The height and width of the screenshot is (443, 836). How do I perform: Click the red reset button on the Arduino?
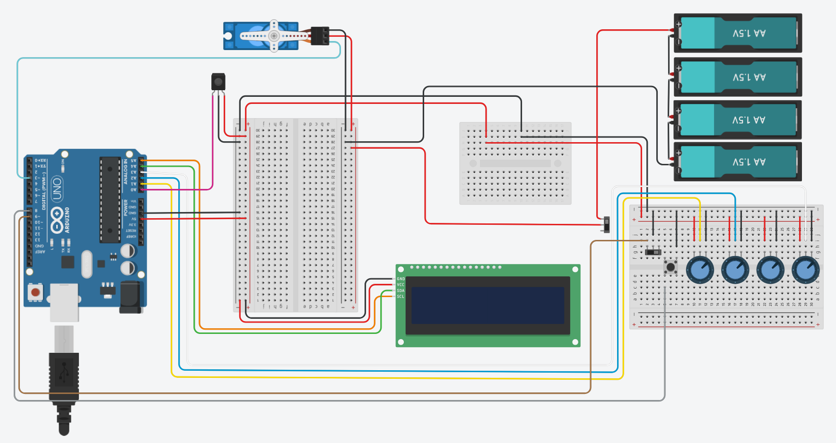35,292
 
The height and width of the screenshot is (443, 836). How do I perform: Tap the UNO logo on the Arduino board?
57,189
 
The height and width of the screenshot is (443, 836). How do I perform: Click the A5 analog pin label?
133,161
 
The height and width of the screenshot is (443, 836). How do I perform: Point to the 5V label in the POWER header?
133,219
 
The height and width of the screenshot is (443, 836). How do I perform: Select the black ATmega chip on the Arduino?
110,199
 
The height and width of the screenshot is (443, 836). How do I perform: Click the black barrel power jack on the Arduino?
131,297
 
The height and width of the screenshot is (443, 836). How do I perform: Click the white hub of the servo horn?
274,36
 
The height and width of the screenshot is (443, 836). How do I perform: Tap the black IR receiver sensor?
218,82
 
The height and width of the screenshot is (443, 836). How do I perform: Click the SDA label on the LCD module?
401,290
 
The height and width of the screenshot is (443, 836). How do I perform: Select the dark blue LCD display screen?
488,305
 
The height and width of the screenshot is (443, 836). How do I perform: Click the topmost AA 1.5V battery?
738,33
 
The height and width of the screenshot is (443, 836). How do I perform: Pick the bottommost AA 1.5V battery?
738,162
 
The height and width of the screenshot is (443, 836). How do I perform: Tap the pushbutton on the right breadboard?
671,267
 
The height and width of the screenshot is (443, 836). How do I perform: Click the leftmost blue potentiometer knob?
699,270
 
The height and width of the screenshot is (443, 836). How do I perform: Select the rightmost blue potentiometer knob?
805,270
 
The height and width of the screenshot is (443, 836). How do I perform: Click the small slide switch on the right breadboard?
653,252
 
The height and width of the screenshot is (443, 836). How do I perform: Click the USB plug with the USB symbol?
64,373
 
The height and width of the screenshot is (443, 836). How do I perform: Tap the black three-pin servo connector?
320,36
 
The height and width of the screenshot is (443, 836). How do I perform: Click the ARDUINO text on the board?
67,220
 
